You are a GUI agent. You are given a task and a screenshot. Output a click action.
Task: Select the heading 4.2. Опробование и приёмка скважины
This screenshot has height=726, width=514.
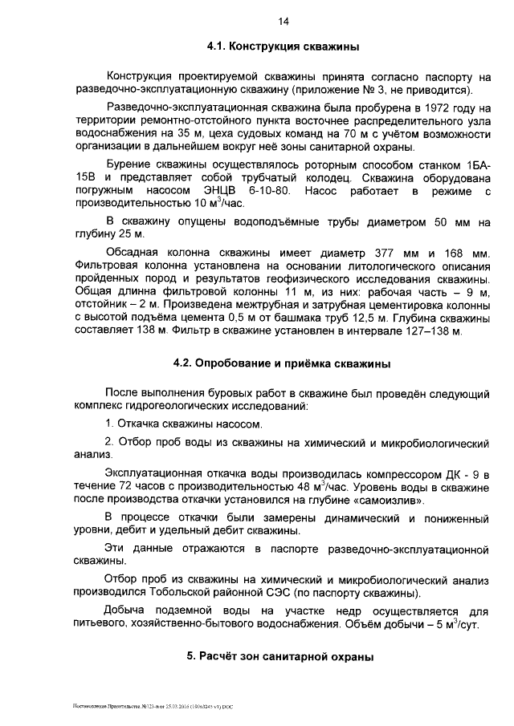click(x=282, y=363)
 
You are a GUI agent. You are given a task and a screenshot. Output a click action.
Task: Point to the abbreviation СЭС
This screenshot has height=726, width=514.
click(x=278, y=593)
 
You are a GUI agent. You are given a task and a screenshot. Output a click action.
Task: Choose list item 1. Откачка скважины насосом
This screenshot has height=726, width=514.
click(x=185, y=424)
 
